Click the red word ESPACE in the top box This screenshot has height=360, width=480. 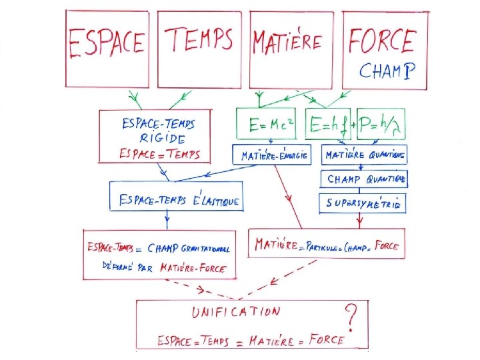coord(107,43)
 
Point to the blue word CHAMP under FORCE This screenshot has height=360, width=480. coord(388,70)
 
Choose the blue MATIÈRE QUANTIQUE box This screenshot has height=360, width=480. coord(364,155)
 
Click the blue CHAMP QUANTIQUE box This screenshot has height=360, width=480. coord(364,179)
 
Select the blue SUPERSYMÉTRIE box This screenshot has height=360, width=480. coord(364,203)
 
